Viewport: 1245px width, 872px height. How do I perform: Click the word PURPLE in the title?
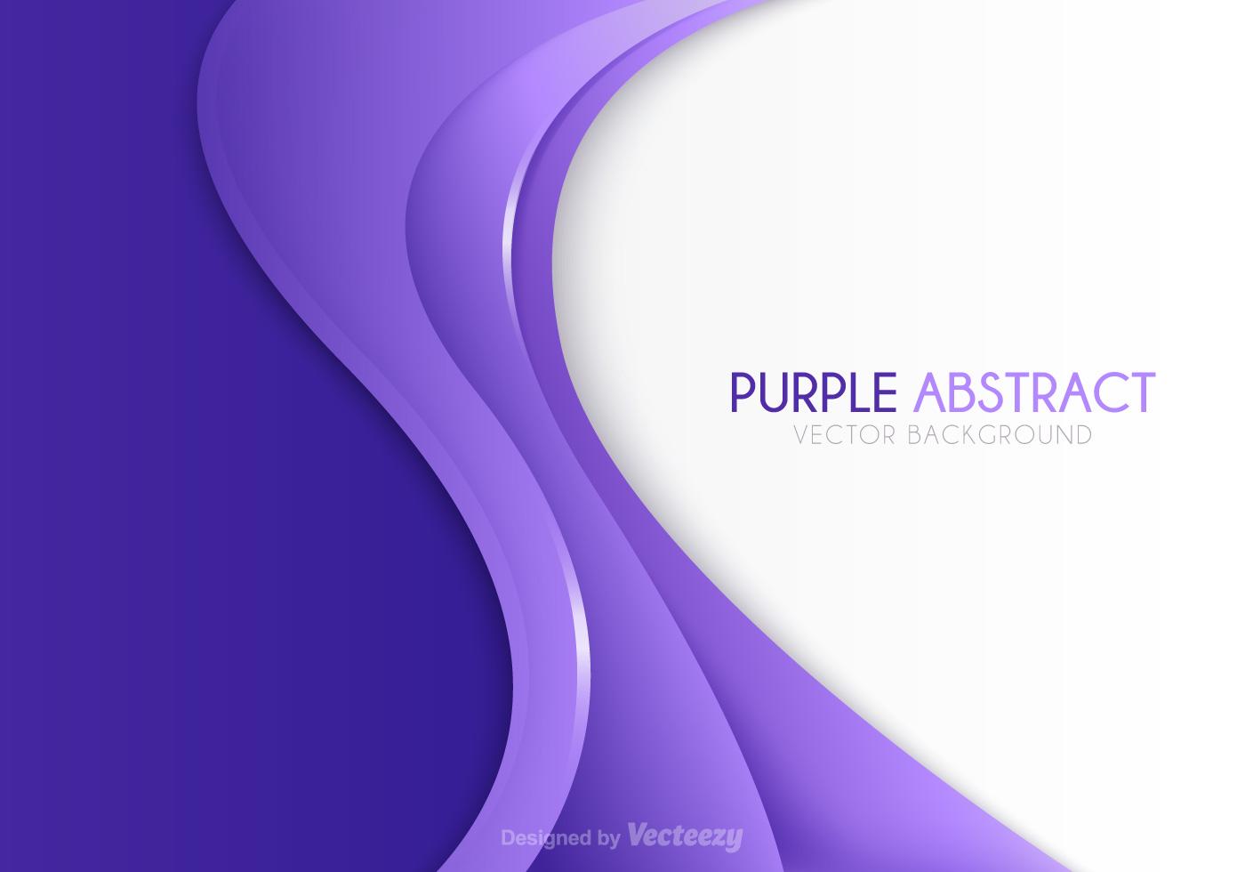tap(813, 392)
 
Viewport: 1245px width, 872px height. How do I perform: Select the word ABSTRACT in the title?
tap(1034, 392)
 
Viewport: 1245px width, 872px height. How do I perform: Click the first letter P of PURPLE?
tap(742, 392)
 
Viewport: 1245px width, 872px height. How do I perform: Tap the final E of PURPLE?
tap(886, 392)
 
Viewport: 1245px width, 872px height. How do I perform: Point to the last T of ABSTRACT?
tap(1141, 392)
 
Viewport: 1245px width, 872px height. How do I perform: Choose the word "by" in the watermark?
tap(609, 838)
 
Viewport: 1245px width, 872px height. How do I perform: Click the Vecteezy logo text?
tap(685, 836)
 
